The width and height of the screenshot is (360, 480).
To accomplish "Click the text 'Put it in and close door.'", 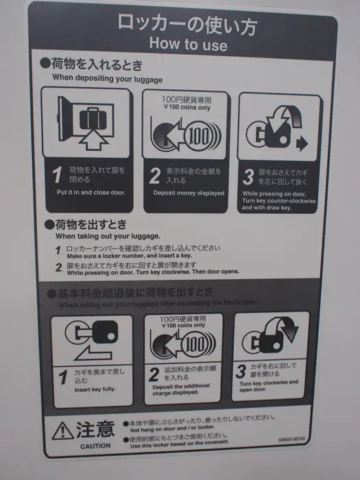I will pos(91,193).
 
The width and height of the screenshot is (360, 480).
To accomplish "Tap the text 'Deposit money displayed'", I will pos(187,193).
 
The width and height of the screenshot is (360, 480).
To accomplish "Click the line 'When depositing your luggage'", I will pos(108,77).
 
